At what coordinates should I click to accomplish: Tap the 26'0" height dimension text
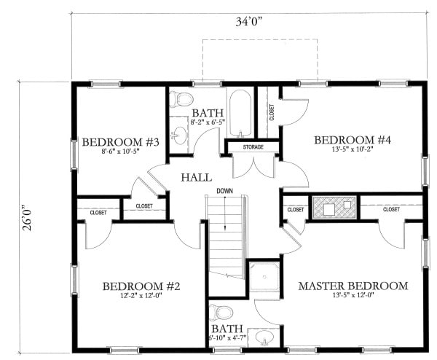pos(28,215)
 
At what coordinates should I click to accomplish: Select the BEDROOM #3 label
pos(120,142)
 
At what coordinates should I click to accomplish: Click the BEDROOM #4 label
pos(353,139)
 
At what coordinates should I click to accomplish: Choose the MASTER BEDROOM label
pos(353,286)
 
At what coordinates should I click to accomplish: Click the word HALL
pos(197,177)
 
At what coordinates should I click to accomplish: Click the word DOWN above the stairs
pos(224,192)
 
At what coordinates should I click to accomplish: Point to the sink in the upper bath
pos(178,135)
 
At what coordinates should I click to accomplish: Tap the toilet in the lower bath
pos(220,313)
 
